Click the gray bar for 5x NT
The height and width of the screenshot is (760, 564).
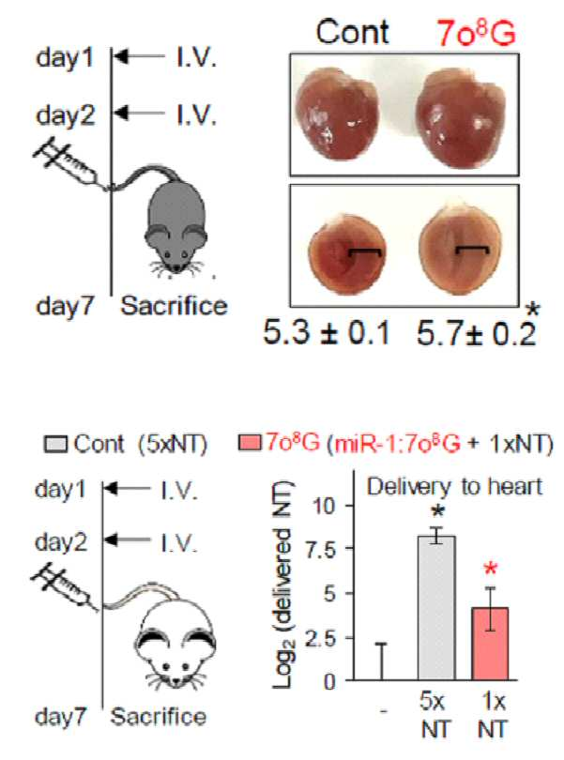click(x=436, y=608)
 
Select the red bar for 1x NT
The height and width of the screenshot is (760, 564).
click(x=490, y=644)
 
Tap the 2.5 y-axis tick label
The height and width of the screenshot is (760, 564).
click(x=321, y=638)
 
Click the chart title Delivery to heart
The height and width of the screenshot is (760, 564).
click(x=454, y=486)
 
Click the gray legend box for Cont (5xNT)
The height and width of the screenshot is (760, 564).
click(x=55, y=444)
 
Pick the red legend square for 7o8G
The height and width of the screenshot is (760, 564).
click(x=250, y=443)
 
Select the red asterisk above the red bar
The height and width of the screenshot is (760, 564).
click(x=491, y=569)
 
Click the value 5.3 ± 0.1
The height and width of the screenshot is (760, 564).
click(x=327, y=333)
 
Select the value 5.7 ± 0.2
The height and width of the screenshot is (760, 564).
click(x=476, y=334)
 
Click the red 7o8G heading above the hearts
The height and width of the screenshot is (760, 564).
click(x=476, y=33)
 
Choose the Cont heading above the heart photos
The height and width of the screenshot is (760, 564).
click(x=353, y=32)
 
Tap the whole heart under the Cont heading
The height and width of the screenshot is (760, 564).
click(x=337, y=114)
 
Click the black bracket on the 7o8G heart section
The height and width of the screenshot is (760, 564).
click(x=473, y=250)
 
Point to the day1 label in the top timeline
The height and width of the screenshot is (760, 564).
click(x=64, y=57)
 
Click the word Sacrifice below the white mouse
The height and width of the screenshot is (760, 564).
click(x=158, y=717)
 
